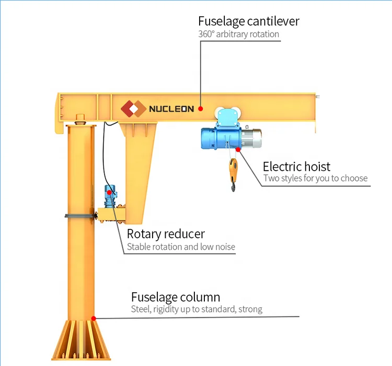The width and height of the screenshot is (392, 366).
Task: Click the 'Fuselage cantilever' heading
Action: [248, 21]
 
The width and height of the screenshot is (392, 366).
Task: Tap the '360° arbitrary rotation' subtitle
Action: [238, 35]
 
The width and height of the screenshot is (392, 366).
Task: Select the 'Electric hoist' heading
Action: [296, 167]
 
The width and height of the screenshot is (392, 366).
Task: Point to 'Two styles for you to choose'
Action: [315, 179]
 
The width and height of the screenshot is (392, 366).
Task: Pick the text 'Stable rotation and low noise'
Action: [181, 247]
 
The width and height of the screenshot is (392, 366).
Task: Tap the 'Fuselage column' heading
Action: [175, 297]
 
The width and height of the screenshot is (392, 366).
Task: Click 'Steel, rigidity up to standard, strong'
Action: [197, 309]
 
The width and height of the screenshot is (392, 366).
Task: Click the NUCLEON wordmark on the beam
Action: [171, 109]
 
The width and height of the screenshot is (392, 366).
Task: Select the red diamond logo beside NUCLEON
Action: [133, 108]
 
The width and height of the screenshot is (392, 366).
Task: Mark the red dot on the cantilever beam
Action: [201, 109]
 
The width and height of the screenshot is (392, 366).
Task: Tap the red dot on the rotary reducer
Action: [109, 192]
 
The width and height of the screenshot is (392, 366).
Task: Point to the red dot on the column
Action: [94, 317]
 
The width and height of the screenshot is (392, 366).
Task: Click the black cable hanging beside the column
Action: [103, 157]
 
